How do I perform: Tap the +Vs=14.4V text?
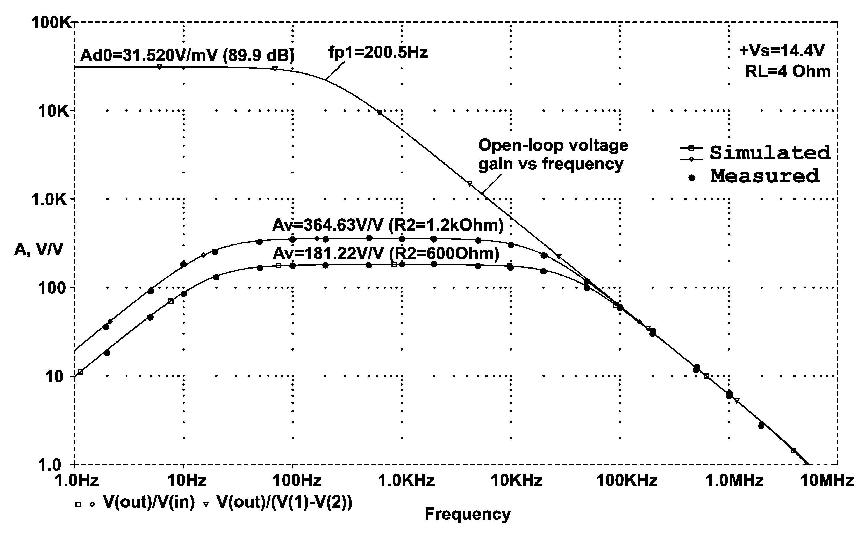pyautogui.click(x=781, y=51)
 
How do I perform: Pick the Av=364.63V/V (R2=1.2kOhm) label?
pyautogui.click(x=388, y=225)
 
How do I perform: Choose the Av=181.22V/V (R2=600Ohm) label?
pyautogui.click(x=386, y=253)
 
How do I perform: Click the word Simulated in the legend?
pyautogui.click(x=770, y=153)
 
